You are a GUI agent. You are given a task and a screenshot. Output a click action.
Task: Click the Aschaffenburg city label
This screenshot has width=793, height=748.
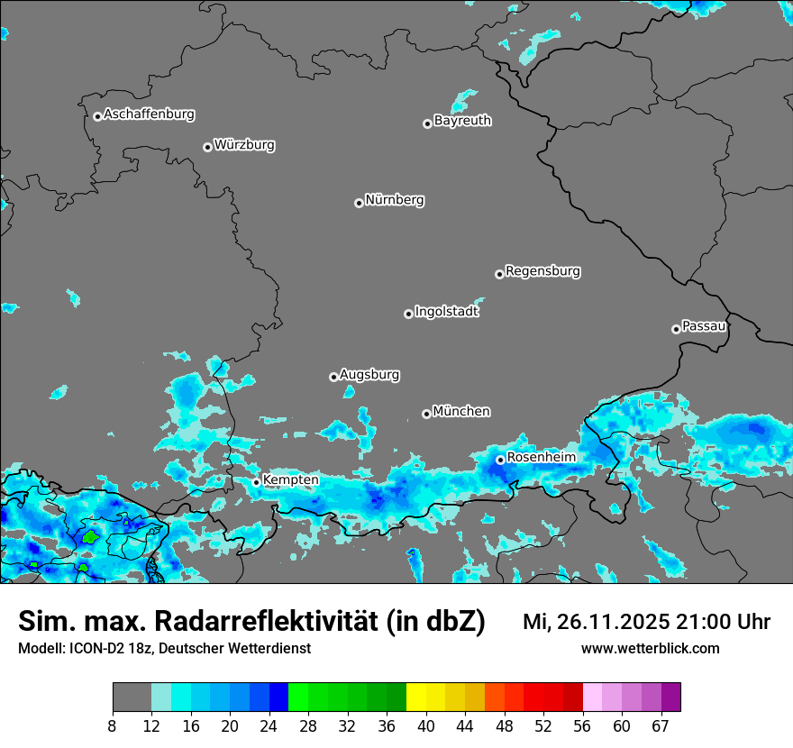149,114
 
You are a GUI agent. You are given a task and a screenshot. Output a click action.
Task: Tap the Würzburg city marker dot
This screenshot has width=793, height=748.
207,147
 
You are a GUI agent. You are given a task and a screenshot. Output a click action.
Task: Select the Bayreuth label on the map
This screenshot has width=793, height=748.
462,121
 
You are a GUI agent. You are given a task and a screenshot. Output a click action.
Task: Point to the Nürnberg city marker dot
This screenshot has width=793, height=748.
359,203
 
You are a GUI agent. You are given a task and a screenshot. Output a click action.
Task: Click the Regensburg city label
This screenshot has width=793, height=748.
542,271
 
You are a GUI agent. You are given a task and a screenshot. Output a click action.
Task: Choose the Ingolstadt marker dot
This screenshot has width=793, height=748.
408,314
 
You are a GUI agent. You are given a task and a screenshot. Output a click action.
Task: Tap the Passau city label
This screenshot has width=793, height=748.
704,326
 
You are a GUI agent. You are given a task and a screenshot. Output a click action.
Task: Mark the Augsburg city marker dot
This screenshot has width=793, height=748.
333,377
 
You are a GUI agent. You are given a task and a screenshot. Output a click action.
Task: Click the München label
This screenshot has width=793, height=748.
461,412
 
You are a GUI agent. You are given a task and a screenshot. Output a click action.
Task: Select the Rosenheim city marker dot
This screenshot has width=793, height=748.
500,460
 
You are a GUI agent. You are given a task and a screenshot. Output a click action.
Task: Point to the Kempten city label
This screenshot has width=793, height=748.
290,480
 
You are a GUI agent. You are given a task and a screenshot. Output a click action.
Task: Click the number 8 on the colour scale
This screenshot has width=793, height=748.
112,725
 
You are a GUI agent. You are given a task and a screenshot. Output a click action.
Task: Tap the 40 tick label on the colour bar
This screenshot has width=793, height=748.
426,725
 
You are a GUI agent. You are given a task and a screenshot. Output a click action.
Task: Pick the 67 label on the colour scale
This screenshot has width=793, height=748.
661,725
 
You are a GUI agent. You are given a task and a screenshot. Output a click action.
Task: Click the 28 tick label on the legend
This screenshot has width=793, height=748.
308,725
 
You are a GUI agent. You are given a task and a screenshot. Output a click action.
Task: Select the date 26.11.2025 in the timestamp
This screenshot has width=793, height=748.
610,622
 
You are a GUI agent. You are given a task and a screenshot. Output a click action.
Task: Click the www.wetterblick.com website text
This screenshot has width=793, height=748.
650,649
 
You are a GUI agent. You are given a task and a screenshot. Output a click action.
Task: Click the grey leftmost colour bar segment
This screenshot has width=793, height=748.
132,698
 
